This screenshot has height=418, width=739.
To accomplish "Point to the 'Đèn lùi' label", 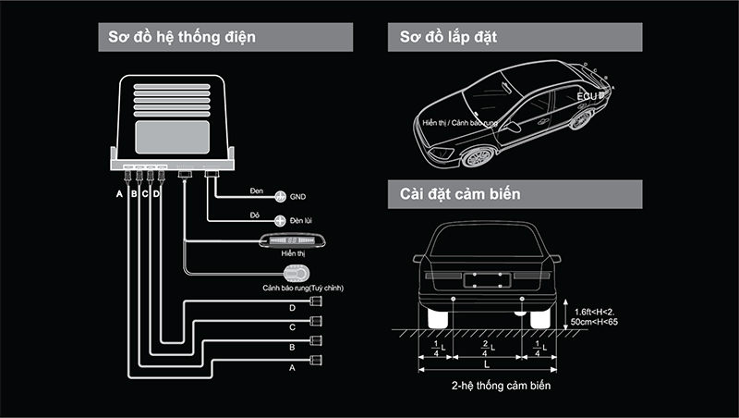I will (x=303, y=222).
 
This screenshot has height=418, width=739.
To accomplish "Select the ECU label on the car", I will (x=588, y=95).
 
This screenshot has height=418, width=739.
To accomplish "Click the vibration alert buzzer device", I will (x=296, y=274).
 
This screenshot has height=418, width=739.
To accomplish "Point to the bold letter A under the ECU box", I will (x=119, y=195).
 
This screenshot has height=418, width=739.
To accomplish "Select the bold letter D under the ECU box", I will (x=157, y=195).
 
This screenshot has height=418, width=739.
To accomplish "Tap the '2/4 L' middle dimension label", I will (x=487, y=348).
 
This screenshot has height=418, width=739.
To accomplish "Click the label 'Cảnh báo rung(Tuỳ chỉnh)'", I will (x=303, y=289).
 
